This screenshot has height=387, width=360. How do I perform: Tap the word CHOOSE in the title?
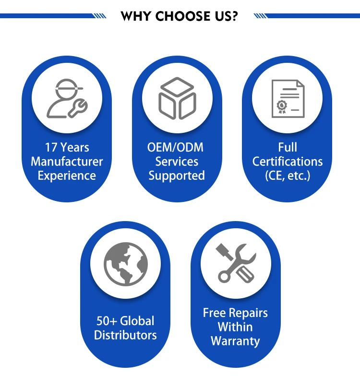[182, 16]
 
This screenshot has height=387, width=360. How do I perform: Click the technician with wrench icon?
[67, 98]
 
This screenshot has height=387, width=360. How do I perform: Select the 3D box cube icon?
[177, 98]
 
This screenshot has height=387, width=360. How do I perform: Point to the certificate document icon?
[288, 99]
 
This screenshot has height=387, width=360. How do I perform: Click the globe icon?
[126, 264]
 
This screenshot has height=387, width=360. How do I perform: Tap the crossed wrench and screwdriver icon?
[236, 263]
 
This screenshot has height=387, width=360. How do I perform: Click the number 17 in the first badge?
[51, 147]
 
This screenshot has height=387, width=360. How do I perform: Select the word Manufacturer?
[67, 162]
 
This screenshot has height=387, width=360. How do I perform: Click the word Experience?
[67, 176]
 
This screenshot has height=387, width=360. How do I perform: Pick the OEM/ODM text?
[175, 148]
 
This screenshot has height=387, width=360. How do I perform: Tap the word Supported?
[177, 176]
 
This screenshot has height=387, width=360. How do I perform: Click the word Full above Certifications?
[288, 147]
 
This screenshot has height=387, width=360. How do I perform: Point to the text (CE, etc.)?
[288, 176]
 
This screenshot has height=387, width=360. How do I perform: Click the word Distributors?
[125, 335]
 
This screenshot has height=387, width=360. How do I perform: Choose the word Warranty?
[235, 341]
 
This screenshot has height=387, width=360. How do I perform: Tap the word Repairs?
[248, 313]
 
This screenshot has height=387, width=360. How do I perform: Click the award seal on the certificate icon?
[282, 106]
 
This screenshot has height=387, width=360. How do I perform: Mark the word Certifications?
[288, 162]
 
